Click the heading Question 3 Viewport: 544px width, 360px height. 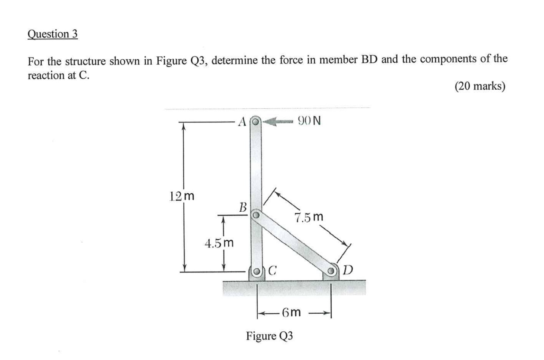click(52, 34)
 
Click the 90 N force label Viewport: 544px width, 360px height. click(309, 120)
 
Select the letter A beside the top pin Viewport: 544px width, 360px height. click(242, 121)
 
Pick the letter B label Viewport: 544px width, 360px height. click(243, 207)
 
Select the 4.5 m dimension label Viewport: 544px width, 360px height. click(219, 243)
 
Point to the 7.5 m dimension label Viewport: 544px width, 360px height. click(309, 217)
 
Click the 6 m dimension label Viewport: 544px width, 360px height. click(291, 312)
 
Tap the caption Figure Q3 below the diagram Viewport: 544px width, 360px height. click(269, 335)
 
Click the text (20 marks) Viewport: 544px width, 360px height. click(480, 86)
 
